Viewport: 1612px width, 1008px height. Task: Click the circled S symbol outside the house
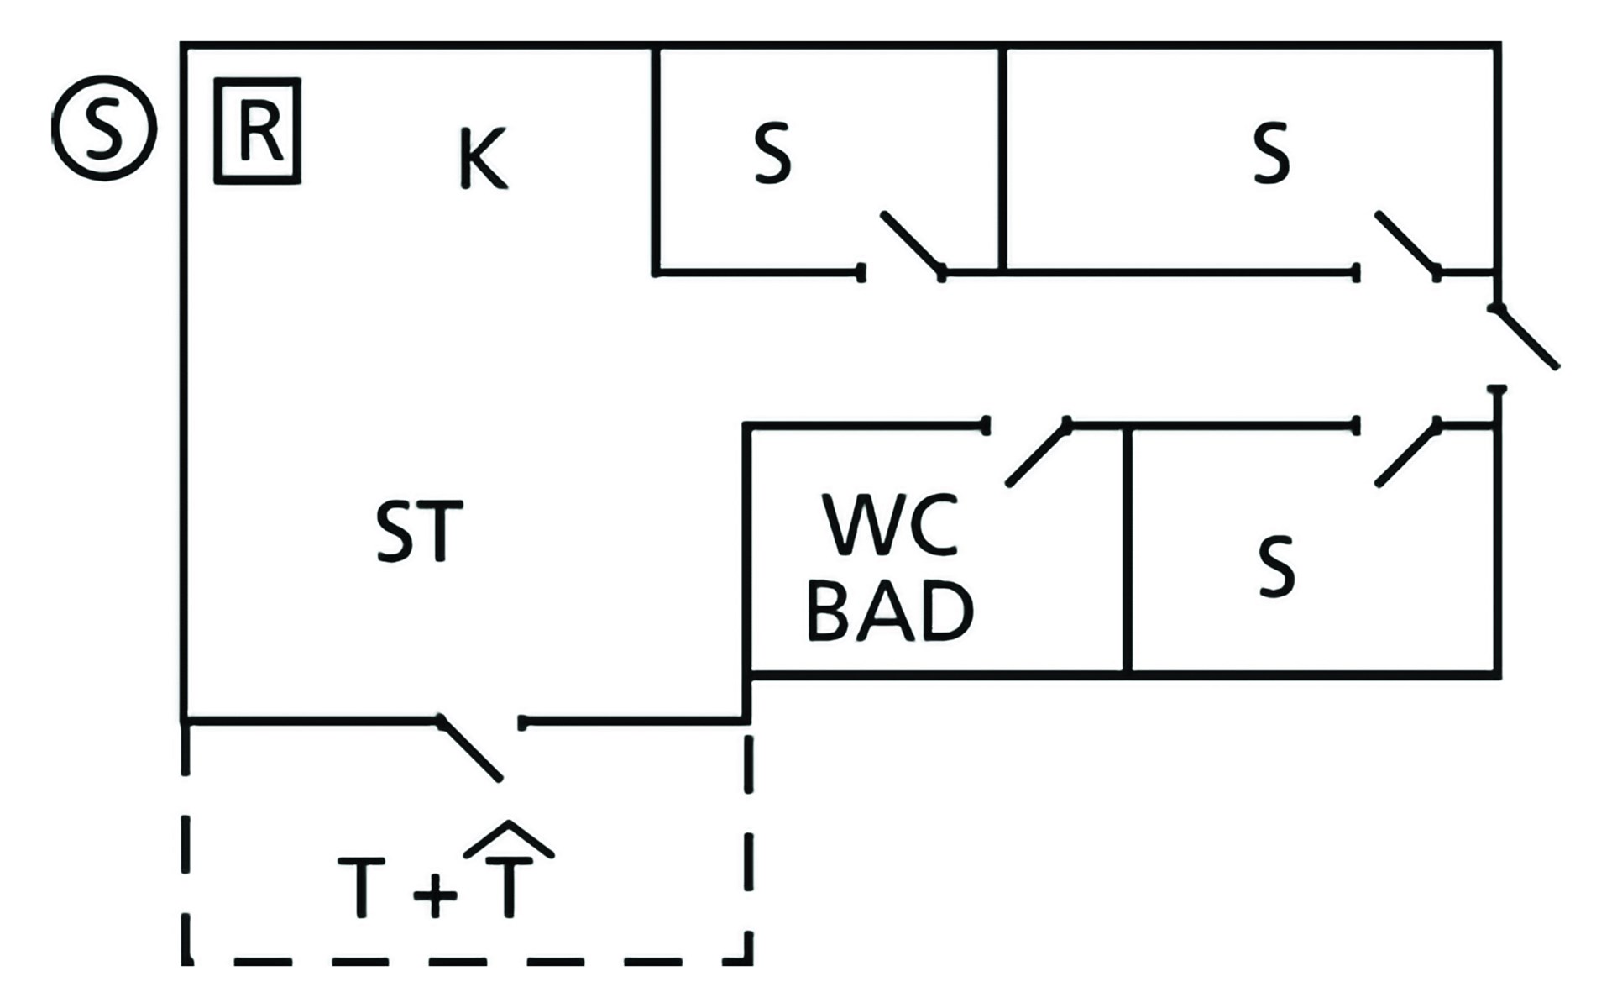(x=103, y=128)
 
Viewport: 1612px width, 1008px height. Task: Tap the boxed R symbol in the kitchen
(x=257, y=131)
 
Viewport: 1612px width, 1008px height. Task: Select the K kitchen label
(x=483, y=158)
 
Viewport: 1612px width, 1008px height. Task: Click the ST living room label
(x=418, y=531)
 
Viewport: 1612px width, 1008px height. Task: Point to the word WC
(x=891, y=526)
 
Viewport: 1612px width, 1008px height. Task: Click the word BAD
(x=890, y=612)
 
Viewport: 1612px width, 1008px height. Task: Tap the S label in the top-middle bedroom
(x=772, y=153)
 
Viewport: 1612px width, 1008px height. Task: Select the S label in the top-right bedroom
(x=1271, y=153)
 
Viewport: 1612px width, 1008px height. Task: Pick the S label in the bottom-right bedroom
(x=1276, y=566)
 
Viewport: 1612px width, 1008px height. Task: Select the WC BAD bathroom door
(x=1038, y=453)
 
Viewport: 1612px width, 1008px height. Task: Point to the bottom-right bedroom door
(x=1407, y=453)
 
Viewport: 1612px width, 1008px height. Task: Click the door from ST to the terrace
(x=470, y=749)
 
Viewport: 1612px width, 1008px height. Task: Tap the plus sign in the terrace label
(x=435, y=892)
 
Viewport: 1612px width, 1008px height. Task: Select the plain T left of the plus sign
(x=361, y=887)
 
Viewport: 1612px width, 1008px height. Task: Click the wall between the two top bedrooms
(x=1002, y=160)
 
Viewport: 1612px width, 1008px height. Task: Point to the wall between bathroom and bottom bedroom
(x=1127, y=550)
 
